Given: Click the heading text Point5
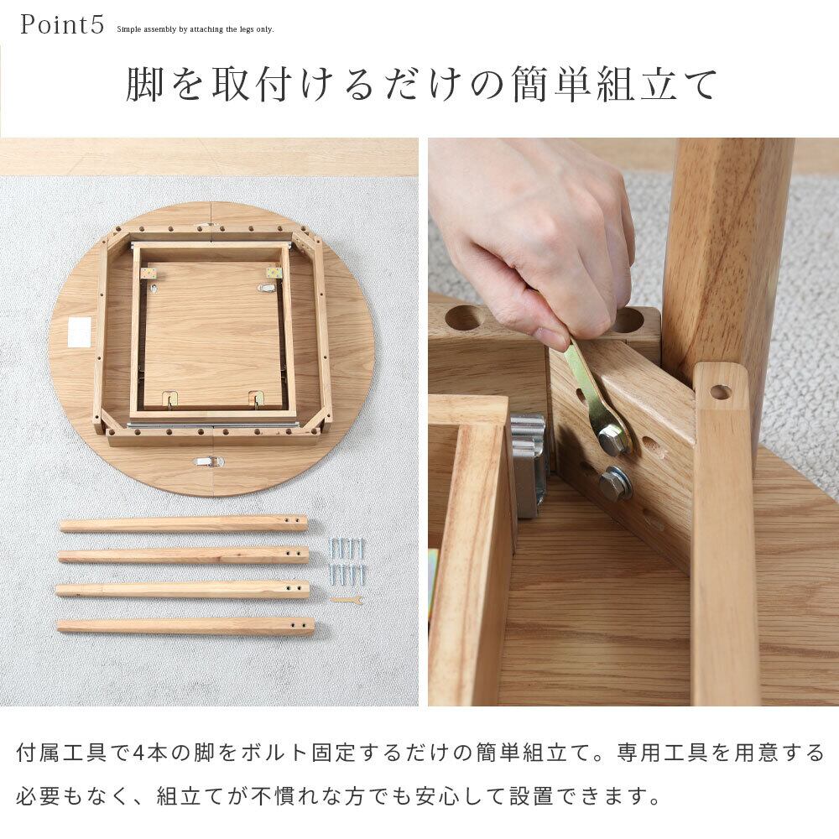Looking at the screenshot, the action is (x=62, y=24).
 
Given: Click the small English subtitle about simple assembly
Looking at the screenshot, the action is (x=195, y=29).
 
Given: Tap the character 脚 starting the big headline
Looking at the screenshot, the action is (x=144, y=85).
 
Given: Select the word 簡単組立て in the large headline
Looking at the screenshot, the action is (x=613, y=85).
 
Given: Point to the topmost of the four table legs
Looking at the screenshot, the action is (x=184, y=524).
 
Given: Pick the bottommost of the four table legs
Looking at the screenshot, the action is (x=185, y=626).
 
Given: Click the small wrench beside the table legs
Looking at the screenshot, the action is (x=347, y=600).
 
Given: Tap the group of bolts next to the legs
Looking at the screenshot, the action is (x=347, y=561).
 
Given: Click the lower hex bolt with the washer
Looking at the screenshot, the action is (x=615, y=482).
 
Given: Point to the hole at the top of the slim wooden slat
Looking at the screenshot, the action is (x=720, y=392).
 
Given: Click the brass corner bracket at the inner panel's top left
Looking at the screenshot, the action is (x=149, y=273).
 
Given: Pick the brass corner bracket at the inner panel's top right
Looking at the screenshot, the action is (x=274, y=273).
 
